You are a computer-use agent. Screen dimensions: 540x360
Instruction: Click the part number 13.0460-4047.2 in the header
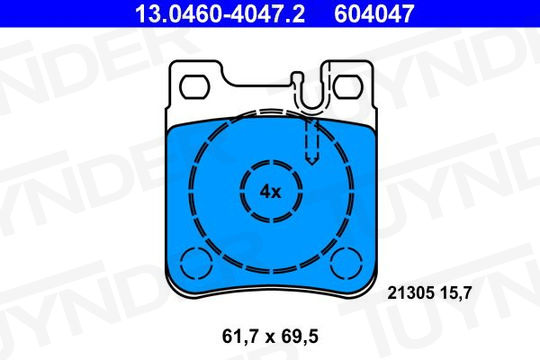[x=220, y=13]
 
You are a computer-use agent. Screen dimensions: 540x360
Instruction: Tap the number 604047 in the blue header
[x=374, y=13]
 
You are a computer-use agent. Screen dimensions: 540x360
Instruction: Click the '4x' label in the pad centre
[x=270, y=192]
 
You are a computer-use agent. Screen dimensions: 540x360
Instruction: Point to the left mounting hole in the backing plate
[x=195, y=86]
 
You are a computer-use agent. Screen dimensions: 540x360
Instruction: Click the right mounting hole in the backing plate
[x=348, y=86]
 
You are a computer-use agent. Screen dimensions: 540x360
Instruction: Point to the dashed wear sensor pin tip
[x=312, y=163]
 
